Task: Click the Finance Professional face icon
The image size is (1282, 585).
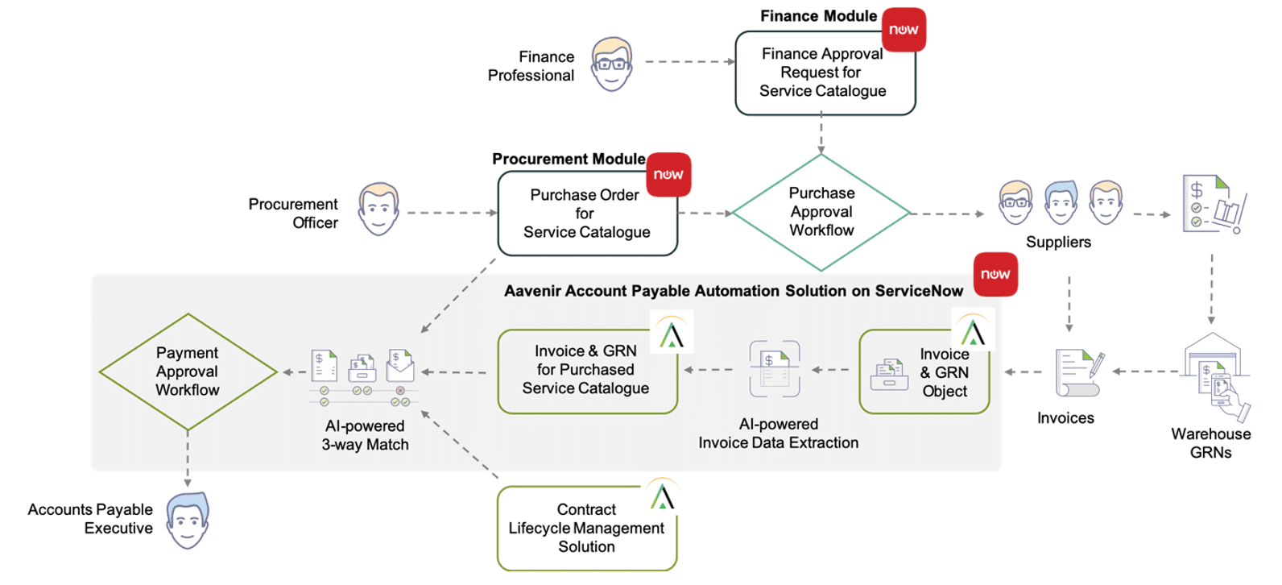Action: [611, 64]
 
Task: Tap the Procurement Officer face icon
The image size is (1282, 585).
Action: [378, 209]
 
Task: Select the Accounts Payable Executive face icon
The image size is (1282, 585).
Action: [188, 521]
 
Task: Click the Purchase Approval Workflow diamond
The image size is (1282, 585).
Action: [821, 213]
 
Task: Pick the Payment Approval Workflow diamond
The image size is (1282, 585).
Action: [188, 371]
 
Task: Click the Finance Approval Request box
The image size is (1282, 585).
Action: [825, 73]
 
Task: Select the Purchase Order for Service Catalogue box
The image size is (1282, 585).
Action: [588, 214]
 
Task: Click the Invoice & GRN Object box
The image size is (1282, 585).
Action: [924, 371]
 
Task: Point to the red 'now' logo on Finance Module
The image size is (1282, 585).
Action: [904, 30]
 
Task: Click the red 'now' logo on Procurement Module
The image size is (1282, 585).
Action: [668, 175]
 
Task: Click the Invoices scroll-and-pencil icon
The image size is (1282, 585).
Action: [1079, 372]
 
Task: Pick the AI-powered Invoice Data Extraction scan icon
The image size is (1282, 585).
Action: [775, 368]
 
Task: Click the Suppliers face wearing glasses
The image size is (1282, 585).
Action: [1015, 203]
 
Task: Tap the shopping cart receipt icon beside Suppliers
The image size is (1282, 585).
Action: [1214, 205]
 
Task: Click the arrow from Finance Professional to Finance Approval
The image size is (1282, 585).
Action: [690, 61]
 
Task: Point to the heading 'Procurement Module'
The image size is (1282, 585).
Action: [569, 159]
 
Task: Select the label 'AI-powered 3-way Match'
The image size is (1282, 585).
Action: [365, 435]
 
